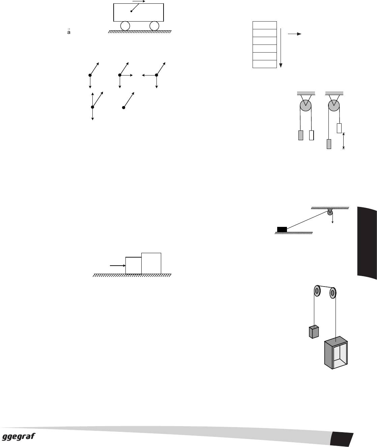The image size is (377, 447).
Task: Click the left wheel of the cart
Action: click(x=125, y=26)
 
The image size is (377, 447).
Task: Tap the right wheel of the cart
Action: click(x=154, y=26)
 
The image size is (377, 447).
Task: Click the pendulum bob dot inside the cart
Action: click(x=131, y=11)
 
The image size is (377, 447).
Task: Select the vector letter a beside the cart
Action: click(x=69, y=32)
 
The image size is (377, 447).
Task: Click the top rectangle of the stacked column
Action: click(x=265, y=25)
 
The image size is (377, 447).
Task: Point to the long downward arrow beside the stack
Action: click(x=281, y=48)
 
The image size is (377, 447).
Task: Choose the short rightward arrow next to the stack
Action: click(x=294, y=34)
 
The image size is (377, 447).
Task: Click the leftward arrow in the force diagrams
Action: click(x=149, y=75)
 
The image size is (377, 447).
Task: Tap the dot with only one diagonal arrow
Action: click(x=124, y=108)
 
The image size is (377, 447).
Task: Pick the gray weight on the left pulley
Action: click(x=301, y=135)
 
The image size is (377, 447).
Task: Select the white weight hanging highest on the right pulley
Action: click(x=339, y=128)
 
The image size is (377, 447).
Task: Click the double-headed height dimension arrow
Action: click(x=344, y=141)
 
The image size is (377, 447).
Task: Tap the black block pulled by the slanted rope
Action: click(x=282, y=229)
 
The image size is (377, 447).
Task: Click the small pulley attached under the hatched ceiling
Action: click(x=330, y=212)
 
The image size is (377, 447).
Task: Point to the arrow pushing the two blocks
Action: click(x=118, y=265)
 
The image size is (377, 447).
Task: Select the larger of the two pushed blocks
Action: click(x=151, y=263)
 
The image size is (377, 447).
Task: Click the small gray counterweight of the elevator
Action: click(x=314, y=332)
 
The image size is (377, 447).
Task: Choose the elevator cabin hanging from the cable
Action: click(x=336, y=353)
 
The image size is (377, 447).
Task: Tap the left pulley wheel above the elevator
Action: click(x=317, y=291)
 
